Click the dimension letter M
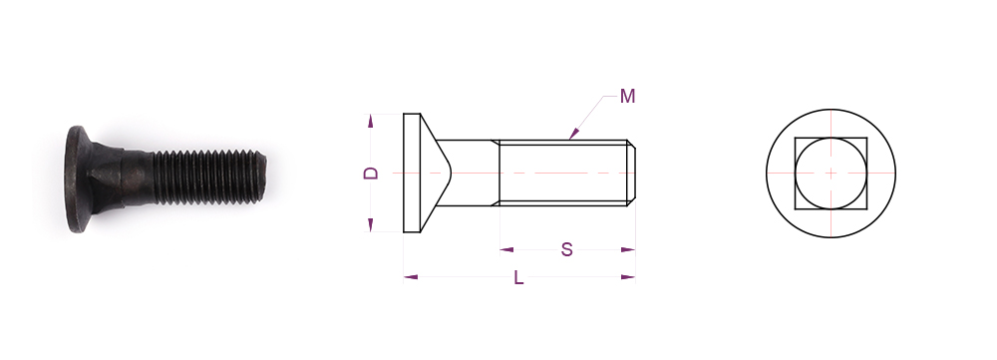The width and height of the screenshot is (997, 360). (627, 96)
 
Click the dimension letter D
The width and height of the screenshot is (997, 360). (371, 173)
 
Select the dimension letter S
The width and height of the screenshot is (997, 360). (566, 250)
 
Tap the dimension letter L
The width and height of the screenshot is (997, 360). (518, 277)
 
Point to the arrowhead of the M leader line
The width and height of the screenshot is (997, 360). (573, 134)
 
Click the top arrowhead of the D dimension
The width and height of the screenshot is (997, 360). (370, 121)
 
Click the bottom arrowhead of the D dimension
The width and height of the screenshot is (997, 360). (370, 225)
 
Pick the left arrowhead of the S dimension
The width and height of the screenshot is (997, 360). (506, 250)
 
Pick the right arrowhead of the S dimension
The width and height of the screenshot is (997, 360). (628, 250)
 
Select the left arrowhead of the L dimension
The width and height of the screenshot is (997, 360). (411, 276)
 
